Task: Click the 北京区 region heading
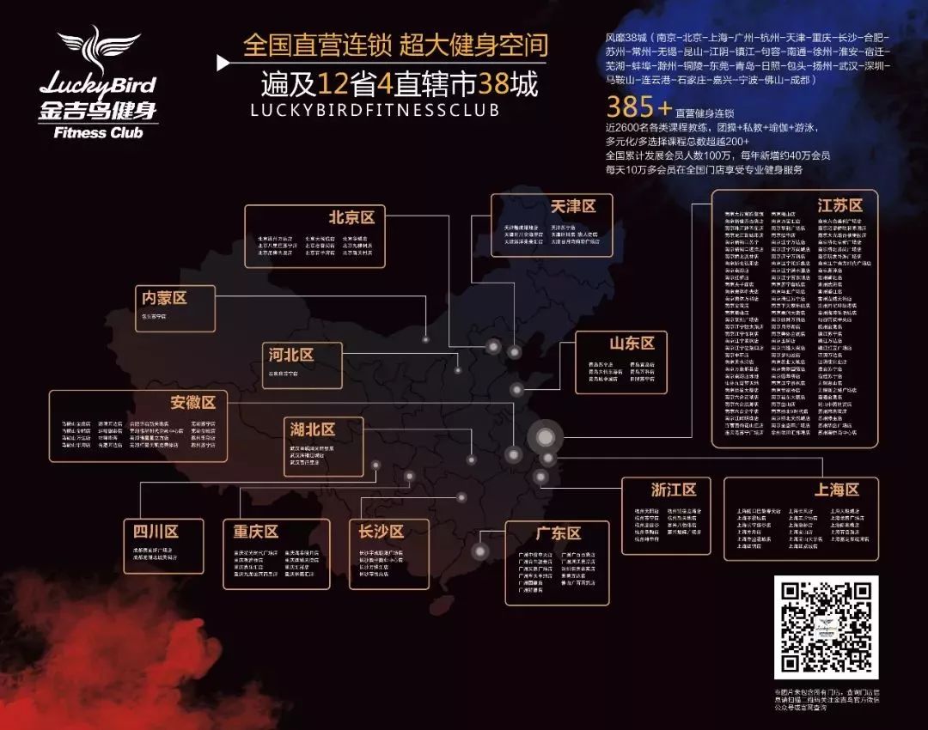pyautogui.click(x=351, y=216)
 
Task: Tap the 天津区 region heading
pyautogui.click(x=573, y=207)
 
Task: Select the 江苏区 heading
pyautogui.click(x=839, y=205)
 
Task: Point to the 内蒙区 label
pyautogui.click(x=164, y=297)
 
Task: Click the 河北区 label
pyautogui.click(x=290, y=355)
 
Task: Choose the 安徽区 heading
pyautogui.click(x=192, y=402)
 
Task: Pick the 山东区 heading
pyautogui.click(x=632, y=344)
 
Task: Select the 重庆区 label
pyautogui.click(x=255, y=532)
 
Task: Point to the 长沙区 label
pyautogui.click(x=382, y=532)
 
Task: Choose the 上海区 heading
pyautogui.click(x=836, y=490)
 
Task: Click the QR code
pyautogui.click(x=826, y=627)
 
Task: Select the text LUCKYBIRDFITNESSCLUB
pyautogui.click(x=362, y=110)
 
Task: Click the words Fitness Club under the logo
pyautogui.click(x=98, y=133)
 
